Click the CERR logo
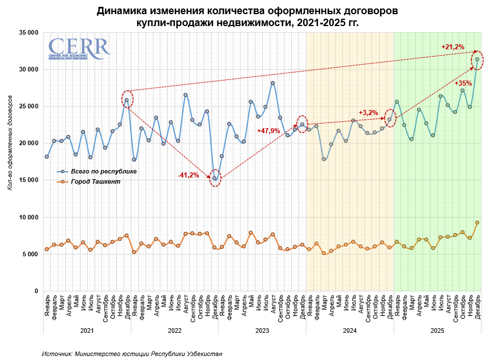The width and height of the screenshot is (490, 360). point(78,49)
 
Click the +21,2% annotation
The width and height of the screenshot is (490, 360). point(453,46)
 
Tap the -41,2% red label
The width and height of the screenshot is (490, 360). point(188,175)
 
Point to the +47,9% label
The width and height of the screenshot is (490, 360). point(269,131)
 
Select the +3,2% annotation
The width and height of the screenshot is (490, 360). point(368,112)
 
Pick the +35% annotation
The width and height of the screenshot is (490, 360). point(463,83)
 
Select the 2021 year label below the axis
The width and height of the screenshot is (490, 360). point(87,330)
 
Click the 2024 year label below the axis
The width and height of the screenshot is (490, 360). point(350,330)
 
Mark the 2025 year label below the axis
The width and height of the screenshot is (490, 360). point(437,330)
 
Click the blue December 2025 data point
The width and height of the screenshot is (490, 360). point(477,59)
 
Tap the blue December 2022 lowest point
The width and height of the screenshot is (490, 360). point(215,179)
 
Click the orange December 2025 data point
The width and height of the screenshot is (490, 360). point(477,223)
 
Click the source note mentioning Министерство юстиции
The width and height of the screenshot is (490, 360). point(132,354)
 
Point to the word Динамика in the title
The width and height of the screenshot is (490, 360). point(120,11)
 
